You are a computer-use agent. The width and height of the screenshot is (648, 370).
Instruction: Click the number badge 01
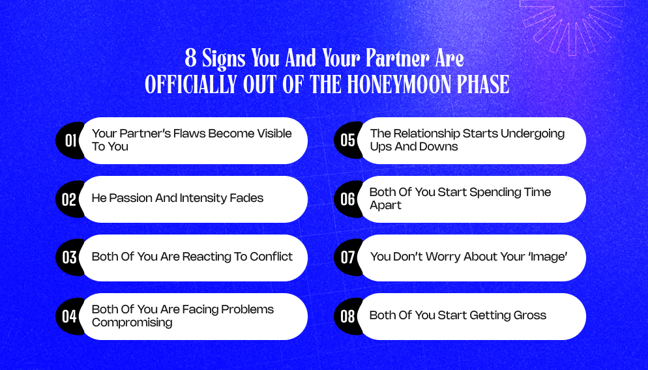(x=70, y=140)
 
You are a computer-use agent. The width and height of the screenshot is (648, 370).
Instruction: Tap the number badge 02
(x=69, y=199)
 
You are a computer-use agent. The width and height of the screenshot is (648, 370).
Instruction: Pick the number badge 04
(x=69, y=317)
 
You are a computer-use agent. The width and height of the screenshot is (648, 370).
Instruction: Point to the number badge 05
(x=347, y=140)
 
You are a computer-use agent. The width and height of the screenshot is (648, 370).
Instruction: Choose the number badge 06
(x=347, y=199)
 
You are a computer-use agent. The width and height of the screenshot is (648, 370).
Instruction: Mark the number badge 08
(x=347, y=317)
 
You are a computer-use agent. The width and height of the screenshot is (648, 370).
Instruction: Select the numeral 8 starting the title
(x=190, y=59)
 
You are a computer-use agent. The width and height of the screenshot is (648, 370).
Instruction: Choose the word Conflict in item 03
(x=271, y=257)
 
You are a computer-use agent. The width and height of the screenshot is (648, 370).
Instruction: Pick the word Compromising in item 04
(x=132, y=322)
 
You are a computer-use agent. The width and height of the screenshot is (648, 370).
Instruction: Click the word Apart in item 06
(x=386, y=205)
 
